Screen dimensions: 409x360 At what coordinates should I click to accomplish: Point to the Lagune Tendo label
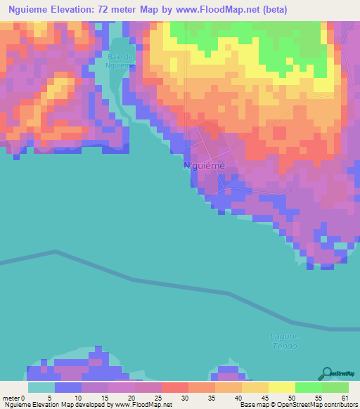[285, 340]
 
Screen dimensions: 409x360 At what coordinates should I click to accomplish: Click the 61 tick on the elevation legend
[345, 398]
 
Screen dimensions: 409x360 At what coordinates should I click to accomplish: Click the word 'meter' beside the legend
[11, 398]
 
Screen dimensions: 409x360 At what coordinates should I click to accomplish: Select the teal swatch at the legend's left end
[41, 387]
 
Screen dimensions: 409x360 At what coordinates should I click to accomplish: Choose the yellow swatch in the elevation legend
[281, 387]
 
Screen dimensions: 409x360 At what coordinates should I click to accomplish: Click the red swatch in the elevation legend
[174, 387]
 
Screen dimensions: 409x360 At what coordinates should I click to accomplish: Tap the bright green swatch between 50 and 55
[308, 387]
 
